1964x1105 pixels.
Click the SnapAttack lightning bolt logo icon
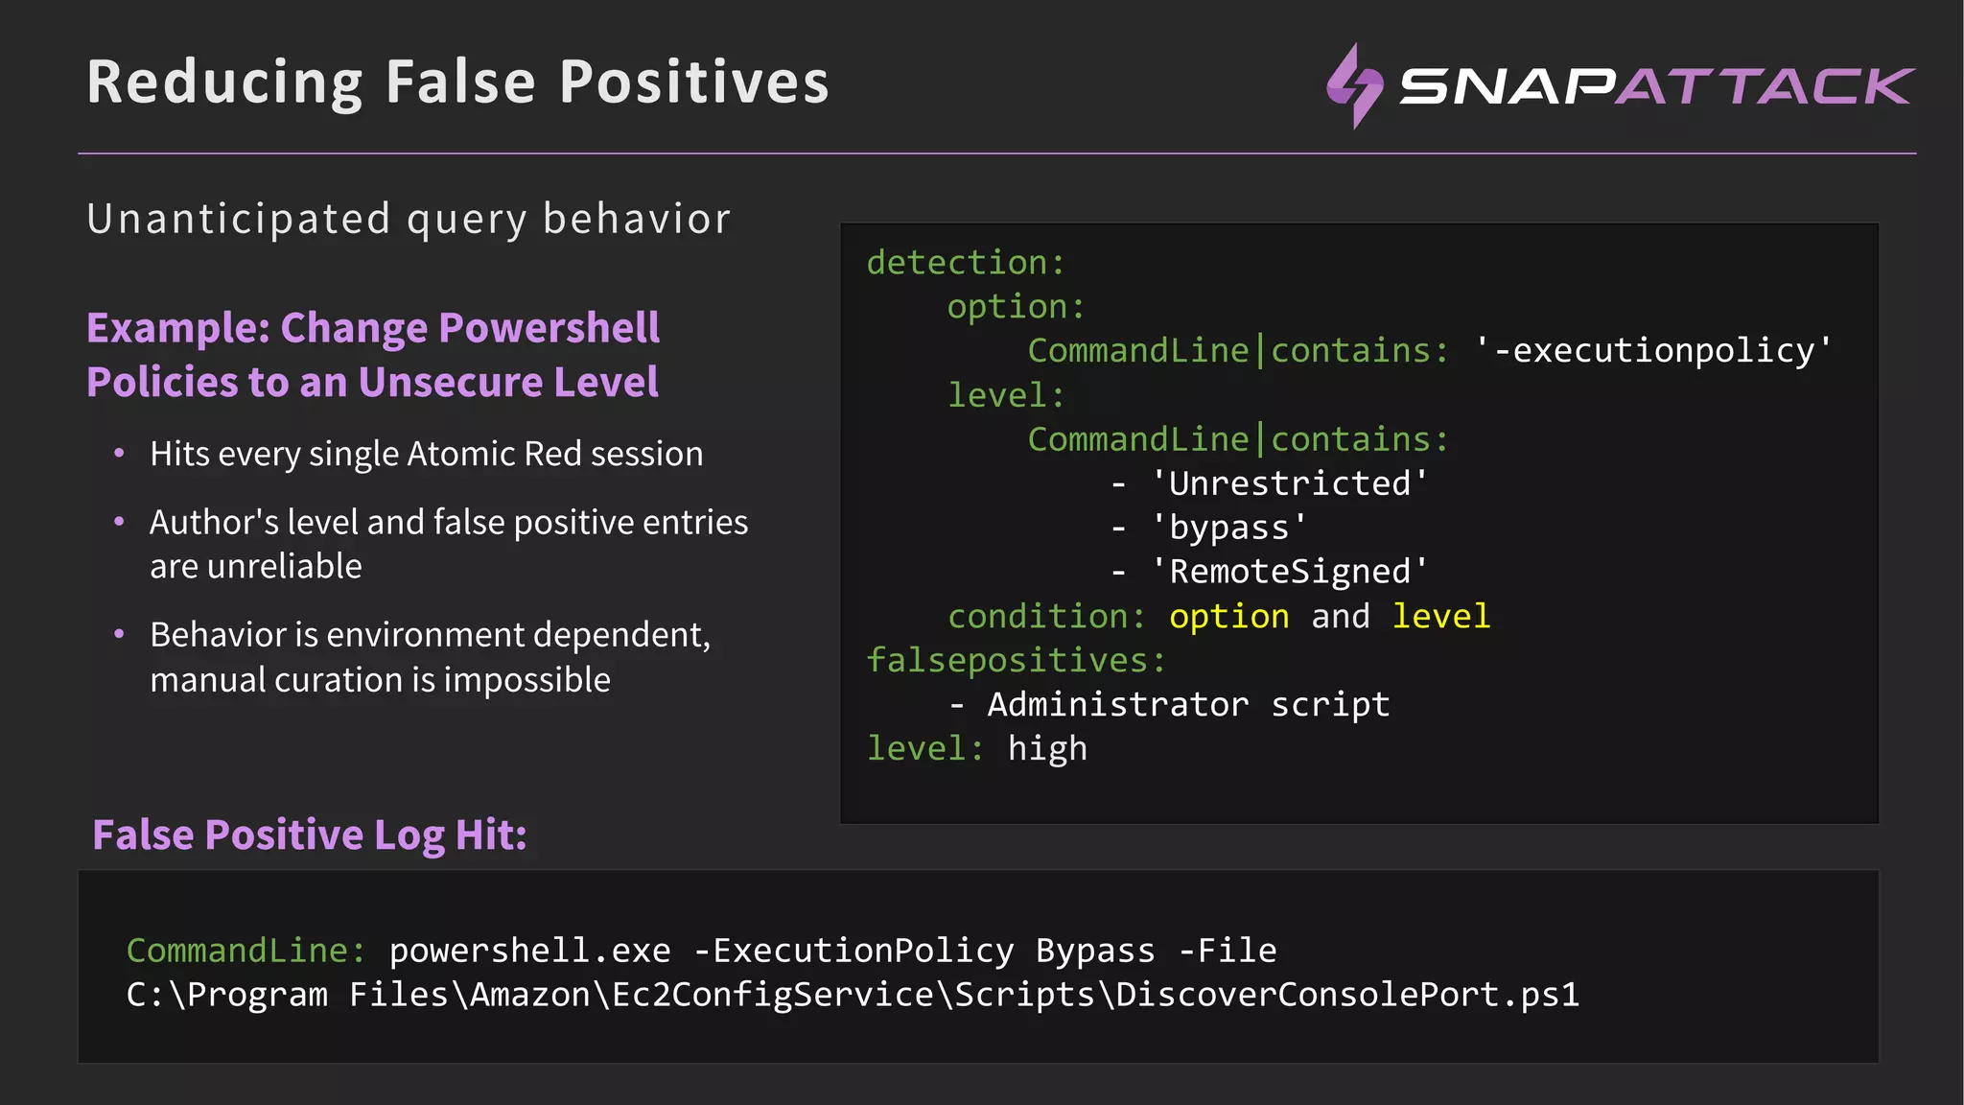coord(1354,85)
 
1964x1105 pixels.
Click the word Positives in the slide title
coord(694,82)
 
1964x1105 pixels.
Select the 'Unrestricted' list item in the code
coord(1289,483)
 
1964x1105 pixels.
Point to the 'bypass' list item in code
coord(1228,528)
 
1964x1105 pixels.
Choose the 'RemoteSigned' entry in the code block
coord(1289,572)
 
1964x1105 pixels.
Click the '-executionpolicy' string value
coord(1653,351)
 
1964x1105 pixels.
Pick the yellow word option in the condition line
coord(1228,616)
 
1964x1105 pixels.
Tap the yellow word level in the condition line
coord(1440,616)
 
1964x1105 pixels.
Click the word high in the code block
coord(1047,748)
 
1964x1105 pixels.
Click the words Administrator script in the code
coord(1188,704)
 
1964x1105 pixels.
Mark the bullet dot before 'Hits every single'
coord(119,454)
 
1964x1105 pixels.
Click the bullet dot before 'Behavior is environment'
coord(119,634)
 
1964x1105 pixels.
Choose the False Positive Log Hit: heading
coord(310,835)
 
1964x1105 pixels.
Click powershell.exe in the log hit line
coord(529,951)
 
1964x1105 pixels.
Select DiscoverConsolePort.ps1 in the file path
coord(1346,995)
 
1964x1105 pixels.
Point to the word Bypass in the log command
coord(1095,951)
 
